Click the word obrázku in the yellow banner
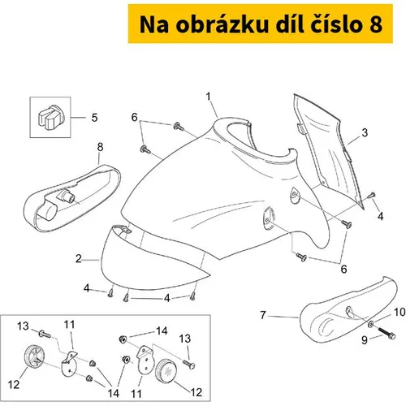(222, 24)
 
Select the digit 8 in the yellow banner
(375, 25)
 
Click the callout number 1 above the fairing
(208, 97)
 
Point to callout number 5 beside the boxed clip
(94, 118)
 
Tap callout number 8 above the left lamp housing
(100, 147)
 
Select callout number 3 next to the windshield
(365, 132)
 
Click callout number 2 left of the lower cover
(79, 259)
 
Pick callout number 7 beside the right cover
(263, 315)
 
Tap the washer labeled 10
(371, 323)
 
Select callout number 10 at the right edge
(400, 312)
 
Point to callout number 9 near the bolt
(365, 340)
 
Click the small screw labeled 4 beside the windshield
(372, 195)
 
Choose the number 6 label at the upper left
(135, 118)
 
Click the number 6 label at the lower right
(343, 269)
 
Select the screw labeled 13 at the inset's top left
(45, 334)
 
